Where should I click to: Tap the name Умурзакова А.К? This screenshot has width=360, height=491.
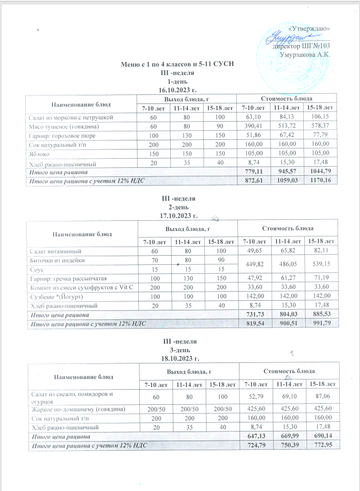(x=303, y=54)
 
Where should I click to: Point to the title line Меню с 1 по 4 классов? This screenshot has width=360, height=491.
(x=177, y=65)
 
